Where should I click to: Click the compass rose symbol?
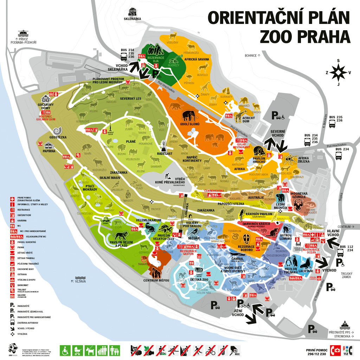click(x=338, y=73)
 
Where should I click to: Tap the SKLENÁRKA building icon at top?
click(x=133, y=12)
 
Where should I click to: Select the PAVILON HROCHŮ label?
click(x=258, y=160)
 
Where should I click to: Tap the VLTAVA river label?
click(x=80, y=281)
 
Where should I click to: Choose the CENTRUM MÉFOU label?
click(x=156, y=280)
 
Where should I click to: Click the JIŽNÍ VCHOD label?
click(x=238, y=313)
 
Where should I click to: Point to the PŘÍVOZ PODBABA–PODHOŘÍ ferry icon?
click(x=23, y=34)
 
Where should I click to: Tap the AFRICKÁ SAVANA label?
click(x=197, y=59)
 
